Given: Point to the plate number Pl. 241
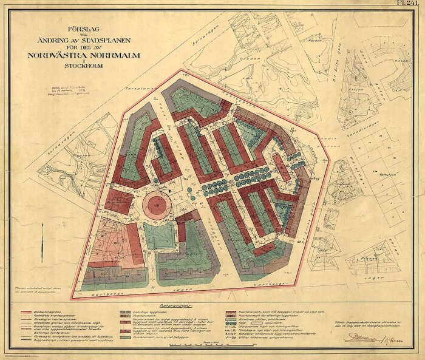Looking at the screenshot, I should click(413, 3).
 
